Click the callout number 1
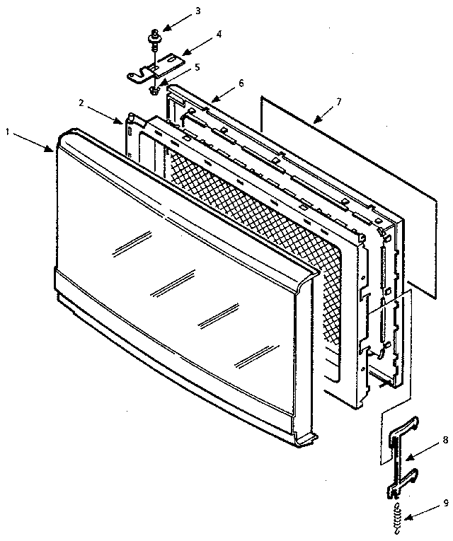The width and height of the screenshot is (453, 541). pyautogui.click(x=8, y=132)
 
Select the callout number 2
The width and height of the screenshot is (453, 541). pyautogui.click(x=81, y=103)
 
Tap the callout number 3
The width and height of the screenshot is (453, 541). pyautogui.click(x=197, y=11)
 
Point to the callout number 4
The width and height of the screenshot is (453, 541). pyautogui.click(x=219, y=34)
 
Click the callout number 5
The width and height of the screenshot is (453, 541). pyautogui.click(x=197, y=67)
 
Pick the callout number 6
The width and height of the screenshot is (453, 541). pyautogui.click(x=241, y=83)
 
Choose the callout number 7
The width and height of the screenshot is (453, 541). pyautogui.click(x=339, y=102)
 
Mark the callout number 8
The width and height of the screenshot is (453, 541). pyautogui.click(x=445, y=440)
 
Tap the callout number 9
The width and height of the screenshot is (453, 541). pyautogui.click(x=446, y=503)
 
